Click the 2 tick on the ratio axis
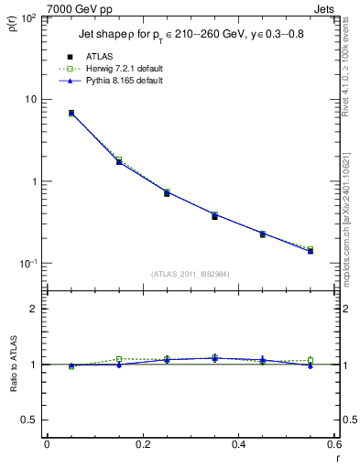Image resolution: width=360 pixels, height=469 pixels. point(32,309)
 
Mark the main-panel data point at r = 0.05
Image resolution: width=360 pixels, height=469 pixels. point(71,113)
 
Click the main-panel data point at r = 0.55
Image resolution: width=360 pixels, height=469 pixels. point(311,250)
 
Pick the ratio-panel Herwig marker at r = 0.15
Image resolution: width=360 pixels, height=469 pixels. point(119,359)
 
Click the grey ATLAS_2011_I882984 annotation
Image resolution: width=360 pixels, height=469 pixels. point(190,273)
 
